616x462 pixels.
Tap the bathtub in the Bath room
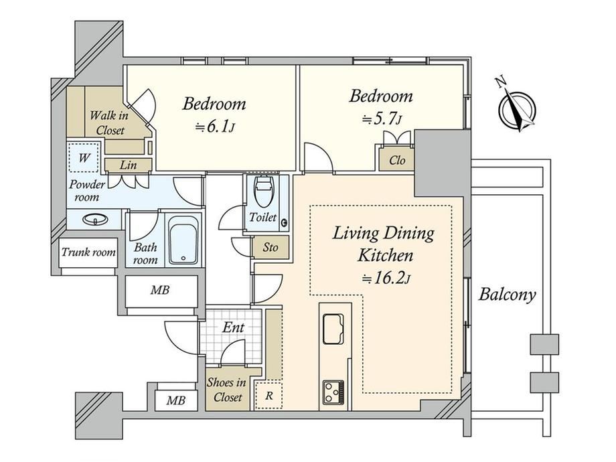point(183,240)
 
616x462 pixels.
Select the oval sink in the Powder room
point(95,219)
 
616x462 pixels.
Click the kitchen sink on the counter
point(333,329)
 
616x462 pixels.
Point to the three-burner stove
point(333,392)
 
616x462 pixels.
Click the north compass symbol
point(517,107)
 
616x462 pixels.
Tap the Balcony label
point(507,295)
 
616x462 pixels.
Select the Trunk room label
point(88,252)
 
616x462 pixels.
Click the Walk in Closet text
point(109,123)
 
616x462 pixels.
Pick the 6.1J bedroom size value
point(216,127)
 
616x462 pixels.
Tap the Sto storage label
point(271,248)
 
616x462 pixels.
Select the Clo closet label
point(397,160)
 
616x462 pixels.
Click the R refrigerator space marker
point(268,395)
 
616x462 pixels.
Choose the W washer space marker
point(84,158)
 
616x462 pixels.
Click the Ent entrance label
point(234,327)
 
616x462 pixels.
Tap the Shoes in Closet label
point(227,390)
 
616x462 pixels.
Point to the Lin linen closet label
point(129,165)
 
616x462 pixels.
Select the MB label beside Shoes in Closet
point(175,400)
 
